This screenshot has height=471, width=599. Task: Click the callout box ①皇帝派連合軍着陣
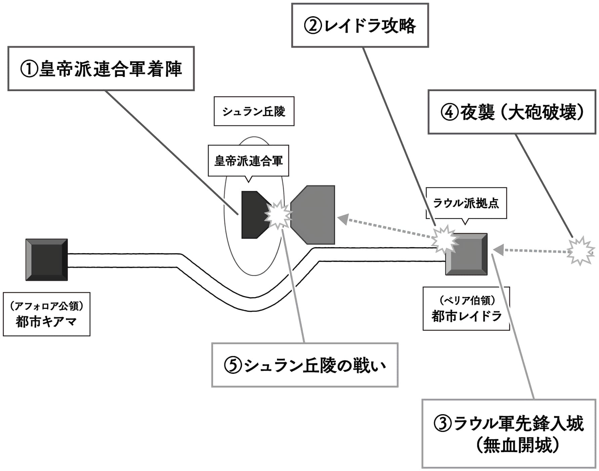pyautogui.click(x=101, y=69)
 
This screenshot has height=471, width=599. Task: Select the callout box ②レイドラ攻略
pyautogui.click(x=360, y=26)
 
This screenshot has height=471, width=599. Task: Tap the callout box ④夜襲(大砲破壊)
pyautogui.click(x=512, y=112)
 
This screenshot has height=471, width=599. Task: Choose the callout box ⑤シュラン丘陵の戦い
pyautogui.click(x=305, y=365)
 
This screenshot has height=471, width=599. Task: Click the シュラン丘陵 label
pyautogui.click(x=254, y=111)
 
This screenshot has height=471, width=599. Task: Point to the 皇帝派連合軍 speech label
pyautogui.click(x=248, y=161)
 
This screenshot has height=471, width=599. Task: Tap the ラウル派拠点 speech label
pyautogui.click(x=466, y=203)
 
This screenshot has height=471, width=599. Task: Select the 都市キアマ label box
pyautogui.click(x=46, y=314)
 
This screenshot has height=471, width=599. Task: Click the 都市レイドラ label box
pyautogui.click(x=466, y=309)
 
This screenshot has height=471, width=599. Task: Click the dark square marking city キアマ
pyautogui.click(x=47, y=260)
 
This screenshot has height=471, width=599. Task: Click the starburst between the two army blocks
pyautogui.click(x=278, y=215)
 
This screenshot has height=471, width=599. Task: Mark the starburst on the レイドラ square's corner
pyautogui.click(x=444, y=240)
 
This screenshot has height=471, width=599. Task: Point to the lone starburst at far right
pyautogui.click(x=581, y=251)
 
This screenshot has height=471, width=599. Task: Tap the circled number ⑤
pyautogui.click(x=233, y=365)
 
